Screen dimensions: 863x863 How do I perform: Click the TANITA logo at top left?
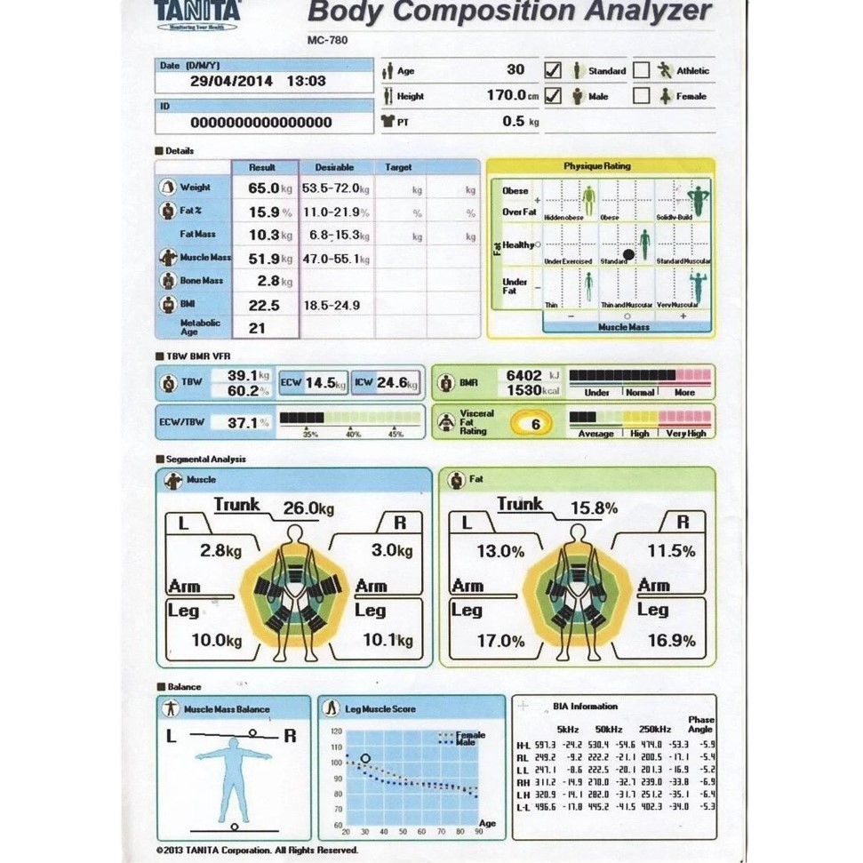tap(196, 12)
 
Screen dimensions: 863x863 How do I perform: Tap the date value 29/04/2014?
tap(231, 81)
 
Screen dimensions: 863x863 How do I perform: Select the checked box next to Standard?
tap(553, 70)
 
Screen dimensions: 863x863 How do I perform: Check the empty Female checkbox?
tap(642, 96)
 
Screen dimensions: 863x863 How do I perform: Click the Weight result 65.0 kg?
tap(264, 188)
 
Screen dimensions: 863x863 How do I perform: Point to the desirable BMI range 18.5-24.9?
tap(332, 305)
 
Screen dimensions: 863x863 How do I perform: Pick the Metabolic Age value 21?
tap(257, 328)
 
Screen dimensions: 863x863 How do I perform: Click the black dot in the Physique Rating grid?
tap(628, 255)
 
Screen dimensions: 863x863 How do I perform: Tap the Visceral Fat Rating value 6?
tap(535, 424)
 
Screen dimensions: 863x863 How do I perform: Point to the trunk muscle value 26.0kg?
tap(308, 508)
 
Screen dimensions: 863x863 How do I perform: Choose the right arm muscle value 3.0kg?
tap(392, 550)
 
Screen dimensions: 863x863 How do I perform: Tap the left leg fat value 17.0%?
tap(500, 640)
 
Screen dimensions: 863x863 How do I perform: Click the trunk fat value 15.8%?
tap(594, 508)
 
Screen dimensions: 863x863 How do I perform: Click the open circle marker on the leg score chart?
tap(364, 758)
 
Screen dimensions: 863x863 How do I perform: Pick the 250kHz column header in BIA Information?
tap(654, 729)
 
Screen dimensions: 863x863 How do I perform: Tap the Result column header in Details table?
tap(262, 167)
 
